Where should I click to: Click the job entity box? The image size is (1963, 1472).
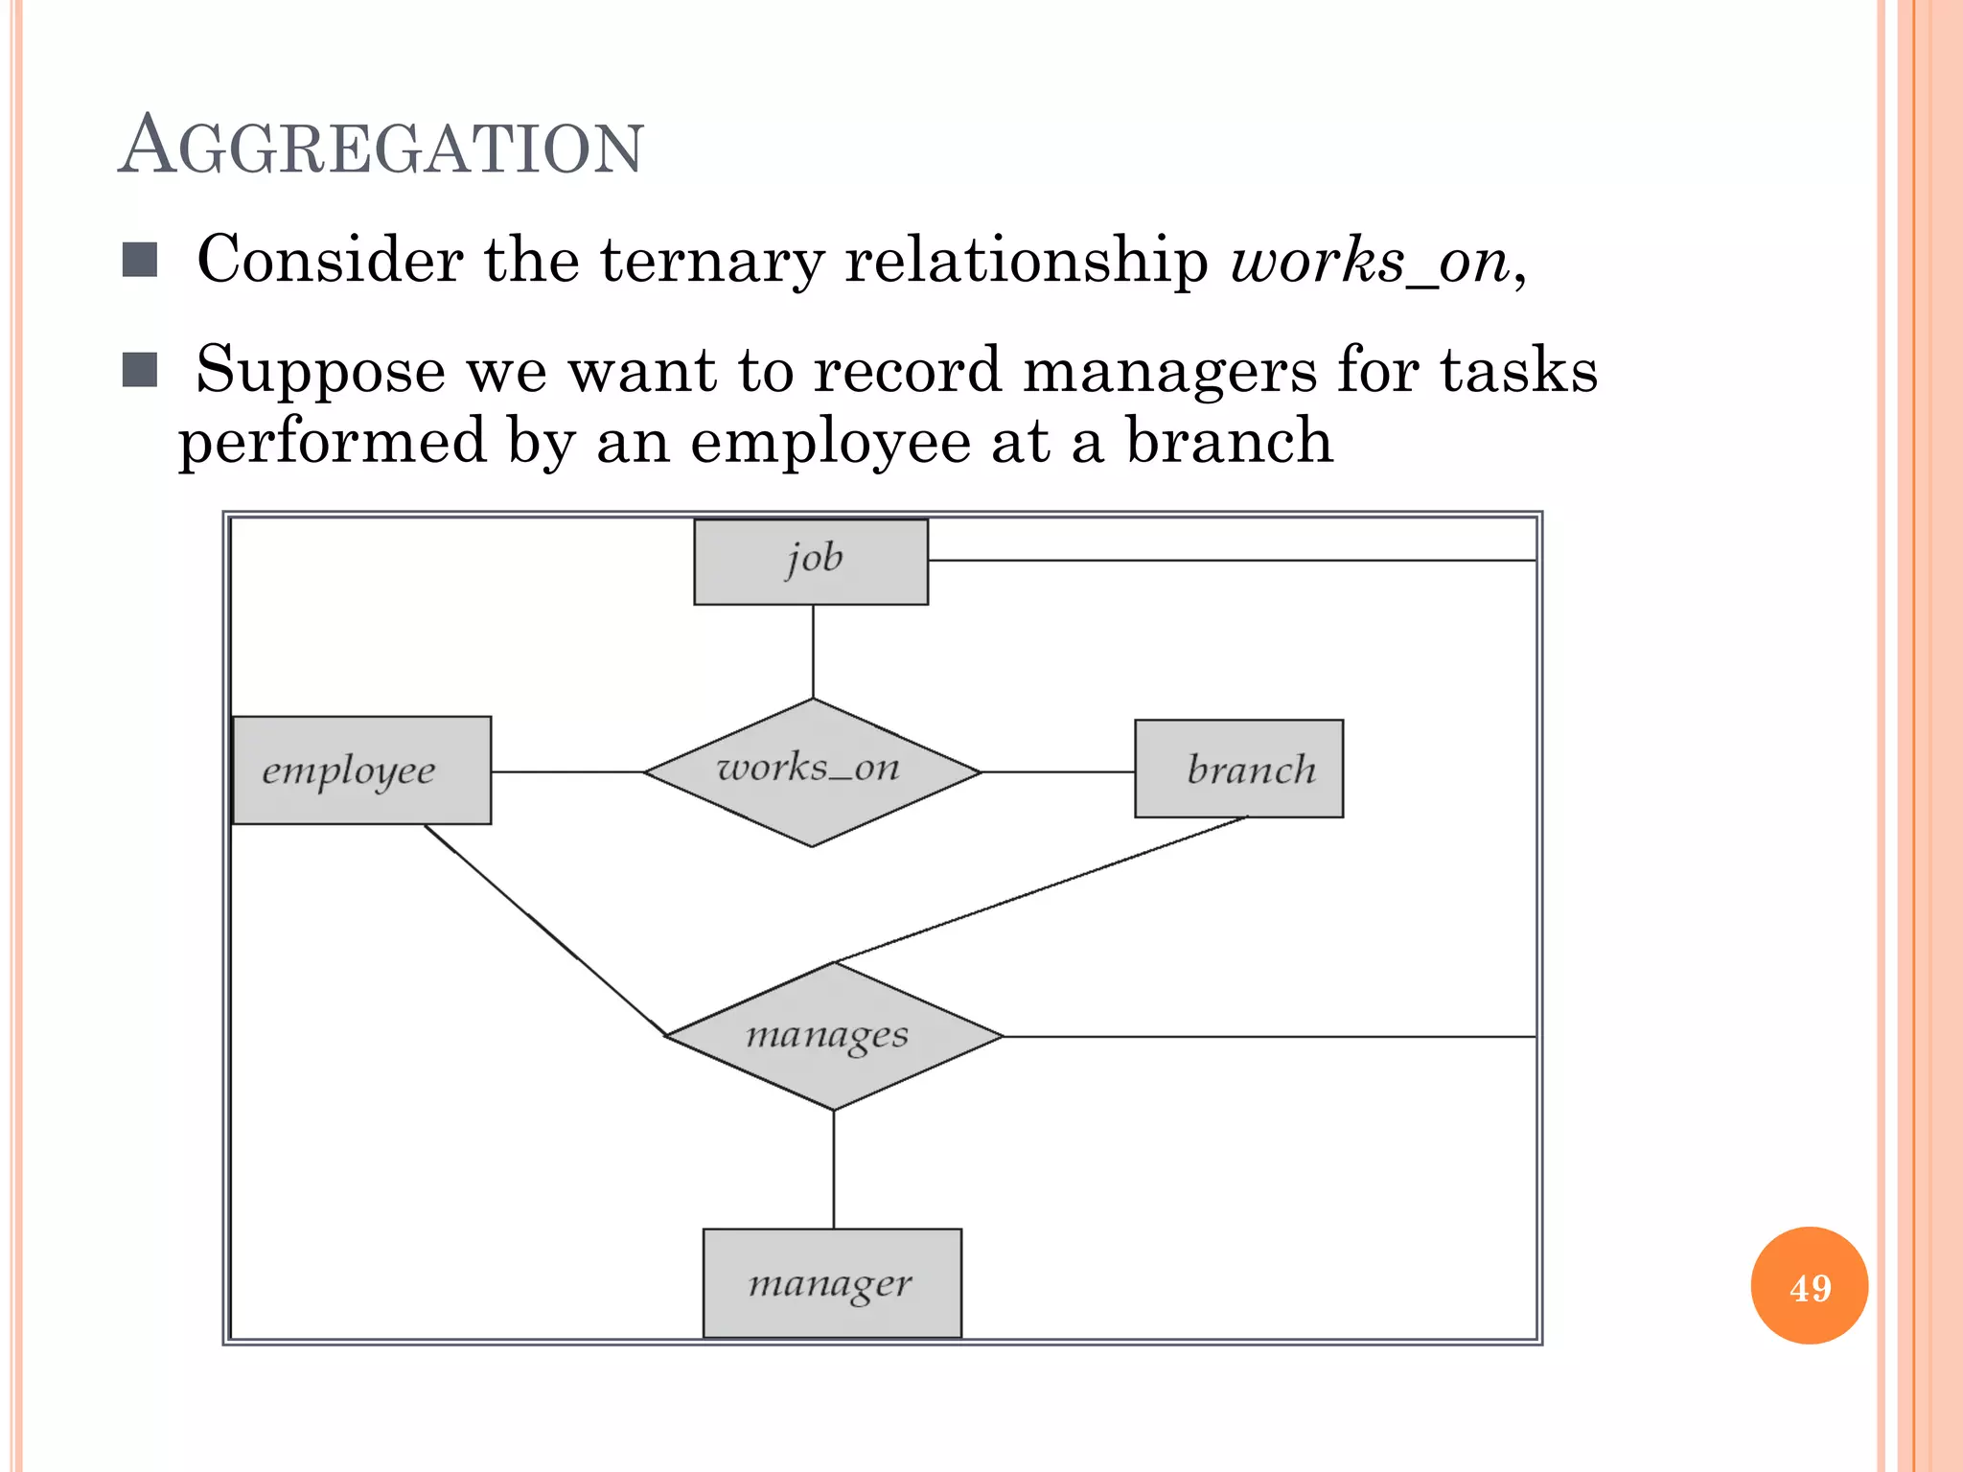pos(811,562)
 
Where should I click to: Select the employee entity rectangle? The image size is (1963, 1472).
pos(362,770)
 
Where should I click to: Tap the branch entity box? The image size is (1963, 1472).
pos(1238,769)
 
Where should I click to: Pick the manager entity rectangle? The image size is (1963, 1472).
pos(832,1282)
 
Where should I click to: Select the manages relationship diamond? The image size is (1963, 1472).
pos(834,1036)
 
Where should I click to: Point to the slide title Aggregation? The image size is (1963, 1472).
pos(381,147)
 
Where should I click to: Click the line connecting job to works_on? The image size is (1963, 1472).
pos(813,652)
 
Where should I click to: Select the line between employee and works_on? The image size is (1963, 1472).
pos(567,771)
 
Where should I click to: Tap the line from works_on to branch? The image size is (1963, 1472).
pos(1058,771)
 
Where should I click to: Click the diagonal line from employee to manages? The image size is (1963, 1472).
pos(546,931)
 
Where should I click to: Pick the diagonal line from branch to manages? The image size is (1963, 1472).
pos(1040,889)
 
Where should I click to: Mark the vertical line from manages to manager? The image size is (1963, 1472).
pos(833,1169)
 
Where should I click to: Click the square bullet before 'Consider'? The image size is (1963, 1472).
pos(140,260)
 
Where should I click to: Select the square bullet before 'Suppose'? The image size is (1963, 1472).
pos(140,370)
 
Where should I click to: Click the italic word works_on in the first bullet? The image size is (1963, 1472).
pos(1369,260)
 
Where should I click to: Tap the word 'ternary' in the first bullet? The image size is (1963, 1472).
pos(711,260)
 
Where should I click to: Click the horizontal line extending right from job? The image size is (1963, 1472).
pos(1232,560)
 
